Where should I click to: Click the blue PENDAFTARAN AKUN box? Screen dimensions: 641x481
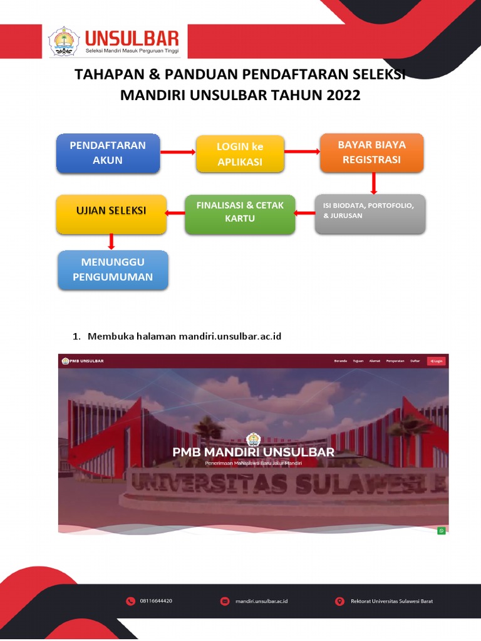pos(108,153)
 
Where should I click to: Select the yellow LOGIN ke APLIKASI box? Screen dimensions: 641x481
pos(240,154)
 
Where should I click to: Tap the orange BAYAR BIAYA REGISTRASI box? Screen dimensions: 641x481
pos(372,152)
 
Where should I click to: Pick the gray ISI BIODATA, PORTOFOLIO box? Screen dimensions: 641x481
pos(370,213)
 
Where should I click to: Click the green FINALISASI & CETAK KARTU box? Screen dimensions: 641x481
pos(240,213)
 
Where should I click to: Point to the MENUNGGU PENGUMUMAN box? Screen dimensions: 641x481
pos(113,270)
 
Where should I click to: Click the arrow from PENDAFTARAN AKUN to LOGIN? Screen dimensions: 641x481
pos(178,152)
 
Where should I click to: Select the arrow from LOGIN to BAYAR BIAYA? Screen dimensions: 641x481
pos(303,151)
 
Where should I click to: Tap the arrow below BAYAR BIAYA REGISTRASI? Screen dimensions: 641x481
pos(373,183)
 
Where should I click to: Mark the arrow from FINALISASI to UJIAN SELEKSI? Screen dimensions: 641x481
pos(175,213)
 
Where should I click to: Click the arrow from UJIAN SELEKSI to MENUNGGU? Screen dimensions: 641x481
pos(111,242)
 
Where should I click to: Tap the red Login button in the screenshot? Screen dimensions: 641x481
pos(436,361)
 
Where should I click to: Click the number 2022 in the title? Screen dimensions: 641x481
pos(341,96)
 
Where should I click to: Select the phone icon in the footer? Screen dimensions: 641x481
pos(130,601)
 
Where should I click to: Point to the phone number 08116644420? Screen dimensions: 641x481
pos(156,601)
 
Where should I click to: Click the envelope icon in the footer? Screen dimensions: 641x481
pos(224,601)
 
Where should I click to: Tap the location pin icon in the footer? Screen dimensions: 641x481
pos(339,601)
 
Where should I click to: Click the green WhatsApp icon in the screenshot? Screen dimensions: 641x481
pos(442,530)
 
